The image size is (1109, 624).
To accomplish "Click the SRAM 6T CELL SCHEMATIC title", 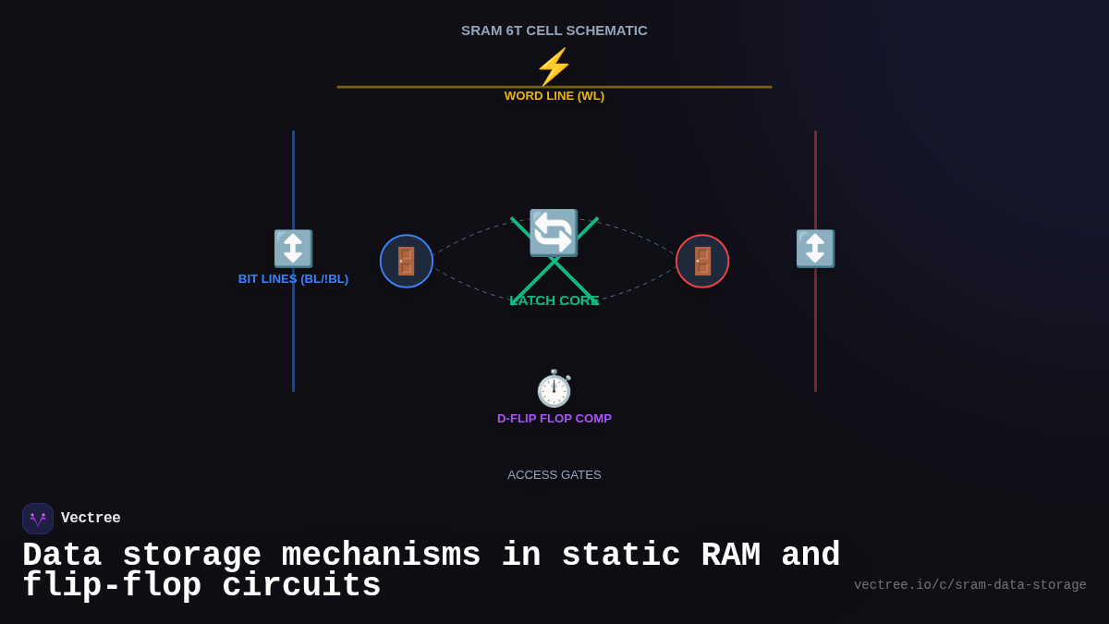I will point(554,31).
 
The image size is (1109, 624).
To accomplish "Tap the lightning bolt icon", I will point(554,67).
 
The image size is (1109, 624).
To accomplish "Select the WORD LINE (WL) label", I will point(554,96).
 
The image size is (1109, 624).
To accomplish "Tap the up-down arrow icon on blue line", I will point(293,249).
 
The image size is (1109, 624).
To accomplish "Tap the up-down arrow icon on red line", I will point(815,249).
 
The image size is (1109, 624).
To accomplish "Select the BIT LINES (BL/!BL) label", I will point(293,279).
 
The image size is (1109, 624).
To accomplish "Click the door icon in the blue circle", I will point(407,261).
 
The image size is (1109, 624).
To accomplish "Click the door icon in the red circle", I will point(702,261).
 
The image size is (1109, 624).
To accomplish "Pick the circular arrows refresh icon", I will point(554,233).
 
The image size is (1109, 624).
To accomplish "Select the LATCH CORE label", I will point(554,300).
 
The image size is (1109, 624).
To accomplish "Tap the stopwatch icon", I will point(554,388).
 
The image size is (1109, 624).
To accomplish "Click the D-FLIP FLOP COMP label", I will point(554,419).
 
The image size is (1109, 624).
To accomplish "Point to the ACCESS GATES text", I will point(554,475).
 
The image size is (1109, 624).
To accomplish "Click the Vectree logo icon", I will point(38,519).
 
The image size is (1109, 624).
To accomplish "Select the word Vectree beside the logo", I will point(91,519).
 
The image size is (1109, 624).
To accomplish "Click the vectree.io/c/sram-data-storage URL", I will point(969,585).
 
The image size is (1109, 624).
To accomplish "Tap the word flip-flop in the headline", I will point(112,586).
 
